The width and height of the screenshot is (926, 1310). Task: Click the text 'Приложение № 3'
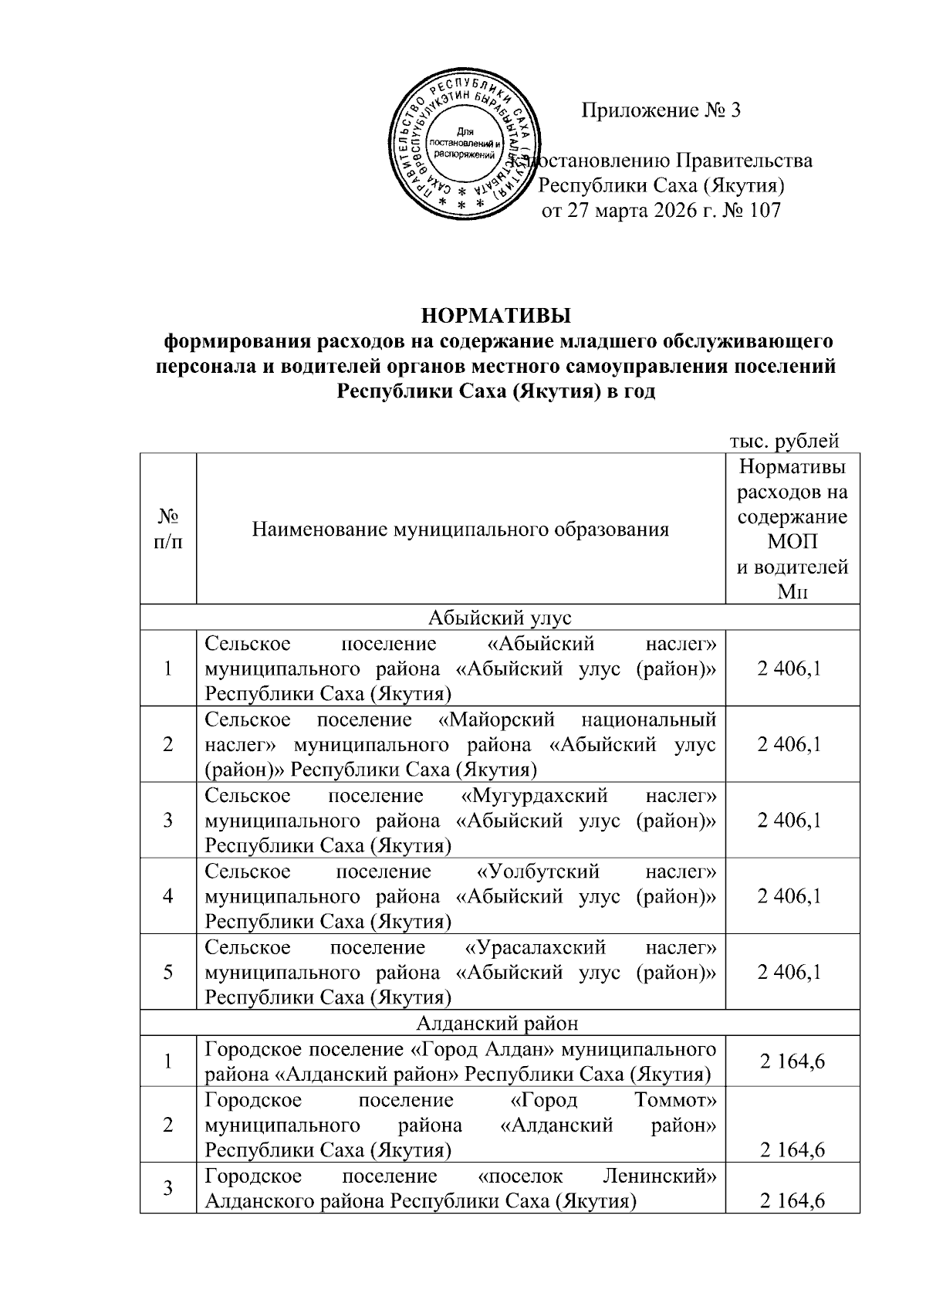coord(661,110)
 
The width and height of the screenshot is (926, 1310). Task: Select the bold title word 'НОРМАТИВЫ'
coord(496,316)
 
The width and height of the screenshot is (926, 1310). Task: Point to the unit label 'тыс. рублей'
coord(784,441)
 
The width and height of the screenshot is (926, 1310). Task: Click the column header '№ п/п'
coord(168,529)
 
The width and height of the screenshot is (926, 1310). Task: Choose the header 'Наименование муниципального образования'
coord(461,530)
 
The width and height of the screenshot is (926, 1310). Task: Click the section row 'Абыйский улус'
coord(498,617)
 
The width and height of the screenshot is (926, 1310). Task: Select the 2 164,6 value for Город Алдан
coord(792,1061)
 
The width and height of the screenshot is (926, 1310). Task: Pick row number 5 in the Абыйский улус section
coord(168,972)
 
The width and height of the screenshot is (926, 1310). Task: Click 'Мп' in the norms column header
coord(792,592)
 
